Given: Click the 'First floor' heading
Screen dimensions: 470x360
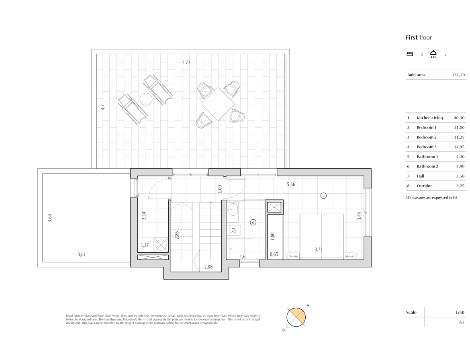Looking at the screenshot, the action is [419, 37].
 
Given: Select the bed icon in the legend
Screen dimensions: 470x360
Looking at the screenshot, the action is [410, 54].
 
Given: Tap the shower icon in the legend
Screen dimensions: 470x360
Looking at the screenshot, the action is [433, 54].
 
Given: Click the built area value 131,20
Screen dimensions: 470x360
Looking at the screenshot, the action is [458, 75].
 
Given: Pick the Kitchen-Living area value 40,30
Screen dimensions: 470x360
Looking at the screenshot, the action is [459, 118].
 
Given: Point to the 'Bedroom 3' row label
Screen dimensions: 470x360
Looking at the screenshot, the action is [427, 147].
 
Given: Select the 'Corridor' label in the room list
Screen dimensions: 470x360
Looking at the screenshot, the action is [424, 186].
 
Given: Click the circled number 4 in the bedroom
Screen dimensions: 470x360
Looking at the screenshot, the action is [323, 196].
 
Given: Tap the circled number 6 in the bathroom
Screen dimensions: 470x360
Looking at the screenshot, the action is [253, 223].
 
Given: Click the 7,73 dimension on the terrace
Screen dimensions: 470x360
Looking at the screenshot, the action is [186, 63].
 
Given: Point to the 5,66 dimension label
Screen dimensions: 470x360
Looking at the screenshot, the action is [291, 184].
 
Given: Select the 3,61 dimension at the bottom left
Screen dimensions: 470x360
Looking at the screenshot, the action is [82, 254].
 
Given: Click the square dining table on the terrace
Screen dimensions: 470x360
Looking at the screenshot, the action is [218, 104].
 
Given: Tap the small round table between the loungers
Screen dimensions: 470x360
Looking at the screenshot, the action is [146, 99].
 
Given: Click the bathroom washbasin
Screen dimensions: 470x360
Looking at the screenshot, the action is [233, 209].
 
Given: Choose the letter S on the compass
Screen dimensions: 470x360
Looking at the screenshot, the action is [308, 306].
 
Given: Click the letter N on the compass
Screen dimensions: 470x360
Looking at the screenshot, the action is [284, 330].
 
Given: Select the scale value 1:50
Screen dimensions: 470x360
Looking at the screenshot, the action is [460, 312].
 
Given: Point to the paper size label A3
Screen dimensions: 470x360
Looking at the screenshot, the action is [462, 322].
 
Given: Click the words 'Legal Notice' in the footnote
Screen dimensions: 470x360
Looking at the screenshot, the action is [75, 316].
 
